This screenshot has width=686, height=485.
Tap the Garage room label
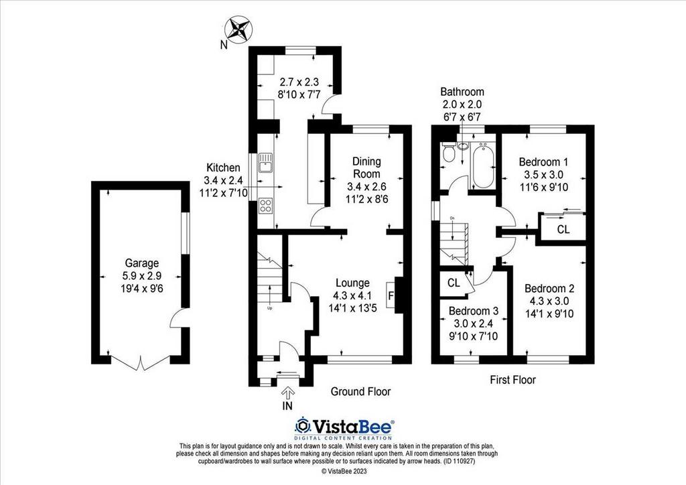coord(139,263)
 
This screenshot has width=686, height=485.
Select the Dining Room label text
coord(366,167)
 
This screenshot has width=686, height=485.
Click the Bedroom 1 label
coord(543,162)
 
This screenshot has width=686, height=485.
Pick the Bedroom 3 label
coord(474,311)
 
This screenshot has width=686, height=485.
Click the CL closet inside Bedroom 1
coord(563,229)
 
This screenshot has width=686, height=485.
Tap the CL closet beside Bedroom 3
coord(454,282)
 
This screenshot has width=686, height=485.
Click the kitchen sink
coord(266,161)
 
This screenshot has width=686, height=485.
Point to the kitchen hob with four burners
coord(266,205)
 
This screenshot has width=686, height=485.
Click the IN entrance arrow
coord(288,396)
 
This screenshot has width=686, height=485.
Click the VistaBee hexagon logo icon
coord(303,426)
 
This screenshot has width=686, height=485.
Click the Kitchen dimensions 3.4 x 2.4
coord(222,181)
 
